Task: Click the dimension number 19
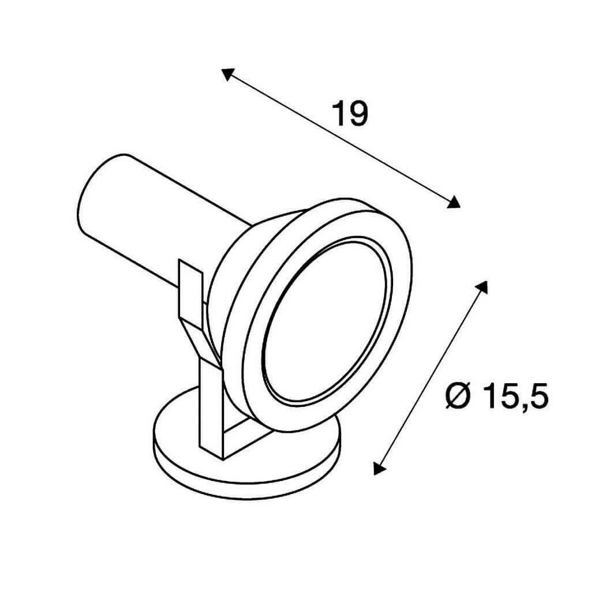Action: (x=350, y=114)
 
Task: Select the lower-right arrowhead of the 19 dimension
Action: (x=454, y=203)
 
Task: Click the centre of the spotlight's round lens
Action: (x=324, y=320)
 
